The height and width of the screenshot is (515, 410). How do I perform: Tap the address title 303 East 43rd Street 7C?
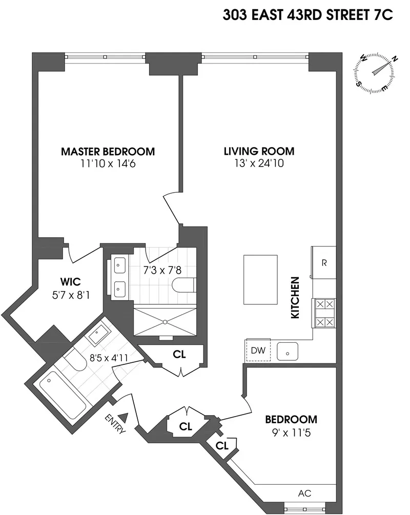click(308, 15)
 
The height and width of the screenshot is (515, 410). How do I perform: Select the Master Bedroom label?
click(108, 152)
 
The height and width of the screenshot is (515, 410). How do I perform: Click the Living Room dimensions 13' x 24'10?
click(259, 164)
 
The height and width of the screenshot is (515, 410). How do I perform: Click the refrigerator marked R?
click(324, 263)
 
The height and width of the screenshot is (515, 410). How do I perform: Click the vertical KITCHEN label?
click(295, 298)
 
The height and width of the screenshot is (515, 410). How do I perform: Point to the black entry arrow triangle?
click(124, 418)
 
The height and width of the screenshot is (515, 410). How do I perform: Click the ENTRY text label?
click(117, 424)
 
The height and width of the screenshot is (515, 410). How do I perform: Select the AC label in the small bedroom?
click(304, 493)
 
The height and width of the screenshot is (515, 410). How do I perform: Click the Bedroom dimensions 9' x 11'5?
click(291, 432)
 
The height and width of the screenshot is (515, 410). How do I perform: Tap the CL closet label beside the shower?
click(179, 355)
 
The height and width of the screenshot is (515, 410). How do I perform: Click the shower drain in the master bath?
click(165, 322)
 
